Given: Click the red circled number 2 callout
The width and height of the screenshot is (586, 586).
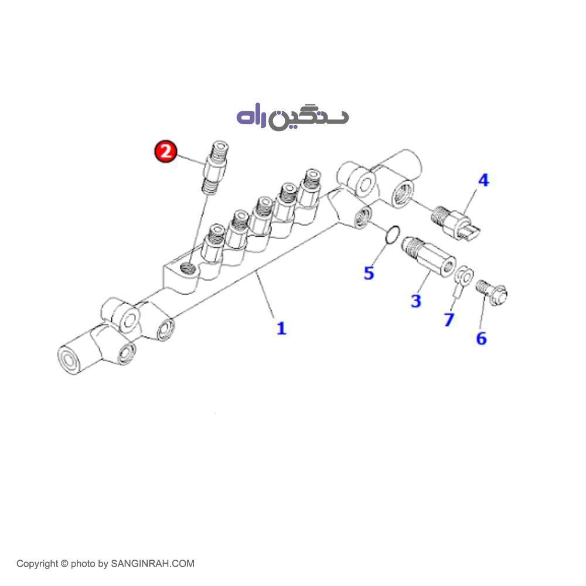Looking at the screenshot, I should pos(165,152).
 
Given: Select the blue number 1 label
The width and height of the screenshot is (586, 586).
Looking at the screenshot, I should pos(281,328).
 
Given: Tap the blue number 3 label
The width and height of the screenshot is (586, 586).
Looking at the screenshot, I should pos(415,301).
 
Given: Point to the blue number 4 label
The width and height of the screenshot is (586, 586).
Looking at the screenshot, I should pos(483,180).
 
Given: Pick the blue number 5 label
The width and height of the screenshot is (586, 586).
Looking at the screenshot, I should pos(369,272).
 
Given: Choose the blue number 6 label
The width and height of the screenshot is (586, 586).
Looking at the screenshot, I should pos(481,338).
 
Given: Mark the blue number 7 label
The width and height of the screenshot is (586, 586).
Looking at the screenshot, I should pos(449,319).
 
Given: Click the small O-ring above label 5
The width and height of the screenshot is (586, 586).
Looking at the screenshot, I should pos(393,235).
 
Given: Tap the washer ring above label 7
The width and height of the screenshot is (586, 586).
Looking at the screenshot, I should pos(465,274).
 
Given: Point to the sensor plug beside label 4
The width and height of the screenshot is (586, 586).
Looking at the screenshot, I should pos(458,224).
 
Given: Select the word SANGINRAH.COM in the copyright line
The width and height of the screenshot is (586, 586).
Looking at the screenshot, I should pos(152,564).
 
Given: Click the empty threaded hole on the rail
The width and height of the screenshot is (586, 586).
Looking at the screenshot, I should pos(188,269).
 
